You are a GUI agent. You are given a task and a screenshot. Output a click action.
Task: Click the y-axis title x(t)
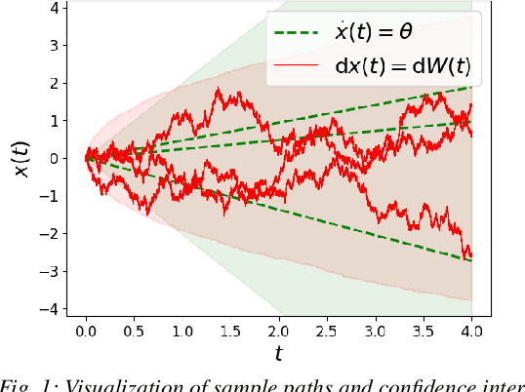coord(20,156)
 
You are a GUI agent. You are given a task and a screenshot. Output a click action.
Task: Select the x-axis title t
coord(279,354)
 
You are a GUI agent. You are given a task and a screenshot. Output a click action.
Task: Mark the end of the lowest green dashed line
coord(472,260)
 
